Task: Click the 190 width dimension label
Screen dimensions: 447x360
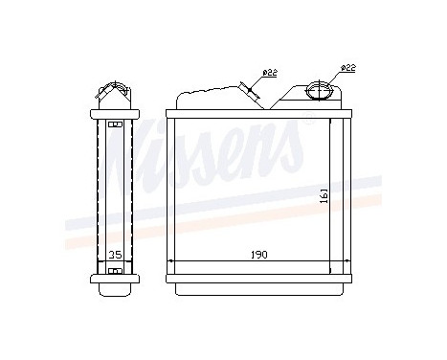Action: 258,255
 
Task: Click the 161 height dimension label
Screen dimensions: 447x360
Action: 324,195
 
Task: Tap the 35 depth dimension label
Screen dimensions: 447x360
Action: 115,255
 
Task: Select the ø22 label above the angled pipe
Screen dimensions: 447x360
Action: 270,73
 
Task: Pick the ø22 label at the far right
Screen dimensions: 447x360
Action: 347,68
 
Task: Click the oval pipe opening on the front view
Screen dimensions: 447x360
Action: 319,91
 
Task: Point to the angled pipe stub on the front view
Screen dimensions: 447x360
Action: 249,91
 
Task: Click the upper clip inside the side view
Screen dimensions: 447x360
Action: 115,124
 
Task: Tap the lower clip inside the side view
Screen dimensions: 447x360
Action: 115,271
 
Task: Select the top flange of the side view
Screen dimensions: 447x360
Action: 115,114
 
